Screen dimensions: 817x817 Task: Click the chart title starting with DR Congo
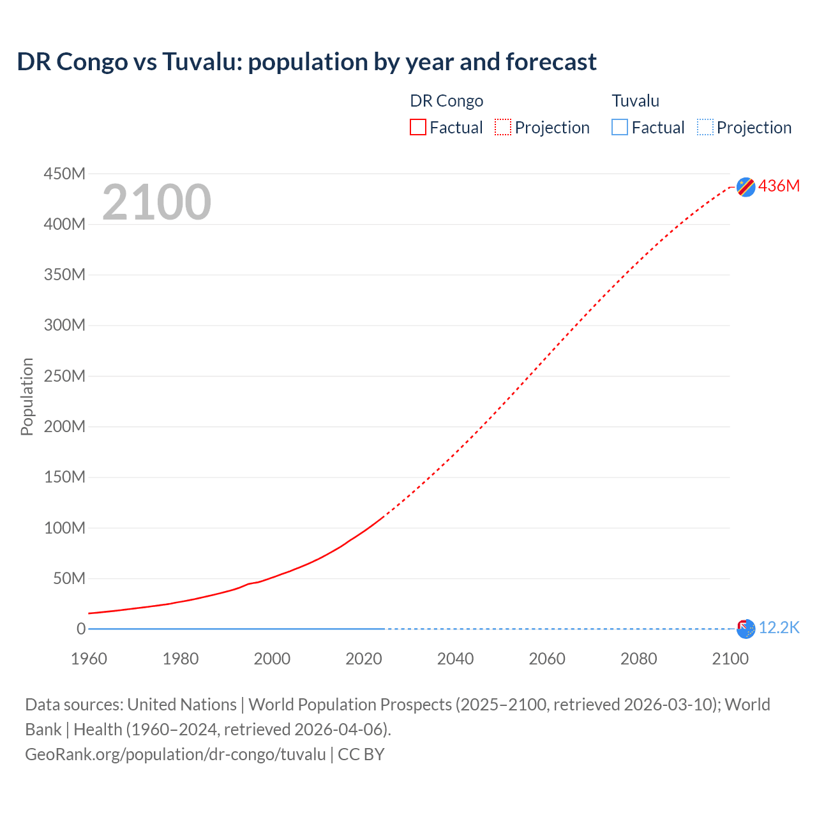click(x=306, y=62)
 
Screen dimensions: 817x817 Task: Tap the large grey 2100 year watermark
click(x=156, y=202)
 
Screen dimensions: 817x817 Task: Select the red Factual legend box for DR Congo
click(x=418, y=128)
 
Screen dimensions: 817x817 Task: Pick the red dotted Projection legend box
click(x=503, y=128)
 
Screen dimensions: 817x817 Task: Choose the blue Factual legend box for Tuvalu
click(x=620, y=128)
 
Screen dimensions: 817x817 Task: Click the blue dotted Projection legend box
click(x=705, y=128)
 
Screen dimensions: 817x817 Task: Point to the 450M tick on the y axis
click(x=64, y=174)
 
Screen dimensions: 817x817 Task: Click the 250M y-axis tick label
click(x=64, y=376)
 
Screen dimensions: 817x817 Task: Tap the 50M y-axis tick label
click(x=69, y=578)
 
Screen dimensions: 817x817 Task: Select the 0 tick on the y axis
click(x=81, y=629)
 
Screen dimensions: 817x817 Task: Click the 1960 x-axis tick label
click(x=89, y=659)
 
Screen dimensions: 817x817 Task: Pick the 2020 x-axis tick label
click(x=364, y=659)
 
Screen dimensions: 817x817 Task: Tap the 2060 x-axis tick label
click(x=547, y=659)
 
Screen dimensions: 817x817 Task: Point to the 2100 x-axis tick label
click(x=730, y=659)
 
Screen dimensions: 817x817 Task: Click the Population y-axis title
click(x=27, y=396)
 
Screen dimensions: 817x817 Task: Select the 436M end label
click(x=779, y=186)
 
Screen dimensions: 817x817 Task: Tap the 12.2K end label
click(x=779, y=628)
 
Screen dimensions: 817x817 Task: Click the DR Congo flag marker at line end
click(x=746, y=186)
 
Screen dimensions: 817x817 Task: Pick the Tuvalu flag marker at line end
click(x=746, y=629)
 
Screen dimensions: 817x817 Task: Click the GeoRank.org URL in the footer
click(x=176, y=754)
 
